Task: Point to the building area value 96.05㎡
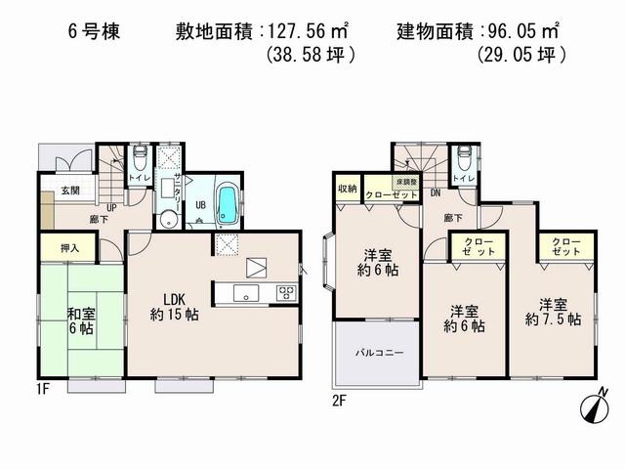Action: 521,31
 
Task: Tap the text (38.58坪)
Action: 310,57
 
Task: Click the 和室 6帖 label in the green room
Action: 81,320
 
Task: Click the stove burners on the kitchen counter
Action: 286,292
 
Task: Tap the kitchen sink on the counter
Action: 244,293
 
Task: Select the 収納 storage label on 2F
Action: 348,188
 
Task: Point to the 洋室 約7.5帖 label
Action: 552,310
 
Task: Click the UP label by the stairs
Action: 113,207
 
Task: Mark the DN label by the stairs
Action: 435,193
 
